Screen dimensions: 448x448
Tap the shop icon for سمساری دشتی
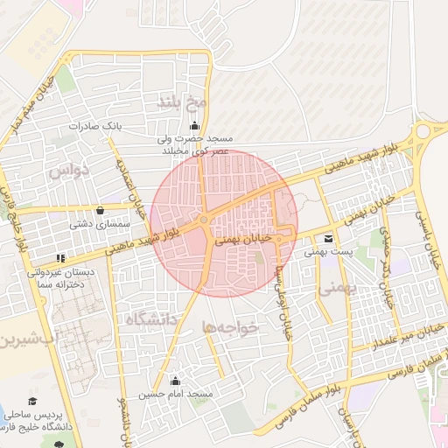(100, 211)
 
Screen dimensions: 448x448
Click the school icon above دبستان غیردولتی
(60, 259)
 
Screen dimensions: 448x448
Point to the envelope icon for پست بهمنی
(327, 238)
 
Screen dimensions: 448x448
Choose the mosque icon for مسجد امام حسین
(175, 381)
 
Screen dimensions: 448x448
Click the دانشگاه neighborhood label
(151, 320)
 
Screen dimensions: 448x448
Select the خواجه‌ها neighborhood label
(230, 326)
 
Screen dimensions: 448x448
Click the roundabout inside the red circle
(204, 221)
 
